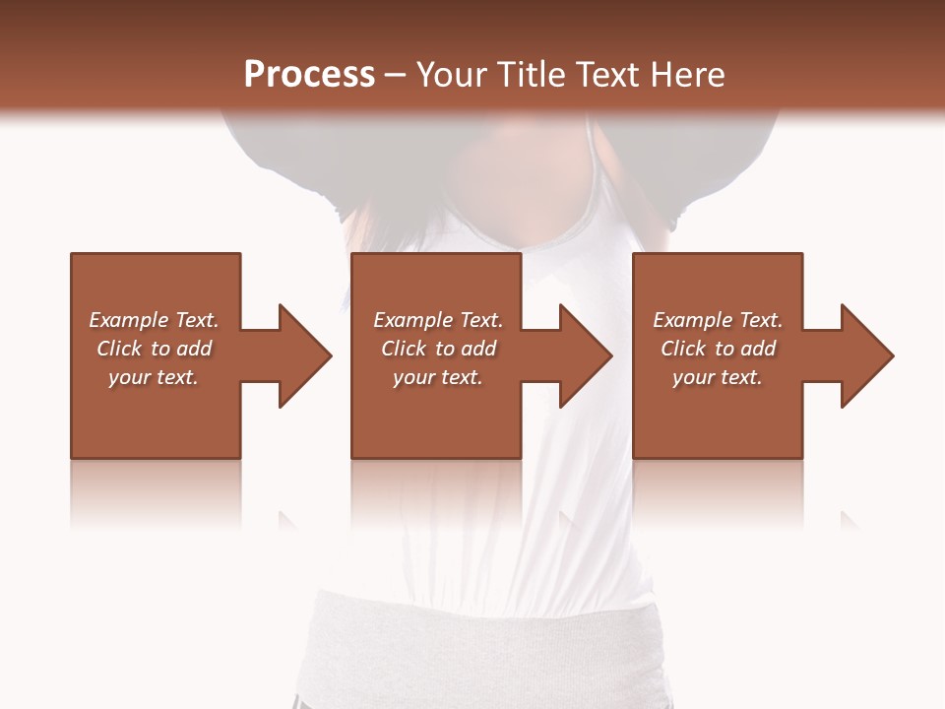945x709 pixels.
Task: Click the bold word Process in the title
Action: pos(309,75)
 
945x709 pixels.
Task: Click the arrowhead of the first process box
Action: pos(303,355)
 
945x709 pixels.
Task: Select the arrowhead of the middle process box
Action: pos(585,355)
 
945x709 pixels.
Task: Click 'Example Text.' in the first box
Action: pos(154,320)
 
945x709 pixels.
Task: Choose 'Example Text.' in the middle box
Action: pos(438,320)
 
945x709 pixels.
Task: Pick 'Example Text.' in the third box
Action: pos(718,320)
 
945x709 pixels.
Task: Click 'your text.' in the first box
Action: pos(154,377)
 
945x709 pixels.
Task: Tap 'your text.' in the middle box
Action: pos(438,377)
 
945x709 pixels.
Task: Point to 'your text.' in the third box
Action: pos(718,377)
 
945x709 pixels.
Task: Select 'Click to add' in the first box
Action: pos(154,349)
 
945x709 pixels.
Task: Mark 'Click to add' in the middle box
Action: pos(438,349)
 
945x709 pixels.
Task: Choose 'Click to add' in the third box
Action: pos(718,349)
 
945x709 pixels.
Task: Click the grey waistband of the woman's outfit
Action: pos(482,640)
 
